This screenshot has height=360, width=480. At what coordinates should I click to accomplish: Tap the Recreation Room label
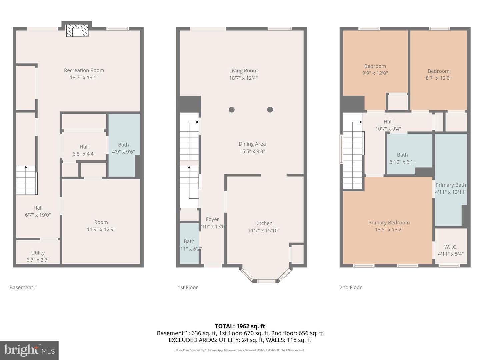point(84,70)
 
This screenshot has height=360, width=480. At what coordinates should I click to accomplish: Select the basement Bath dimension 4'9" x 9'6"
point(123,152)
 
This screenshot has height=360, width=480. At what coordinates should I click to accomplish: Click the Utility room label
point(38,253)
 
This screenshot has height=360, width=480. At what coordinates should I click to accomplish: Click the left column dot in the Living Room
point(232,110)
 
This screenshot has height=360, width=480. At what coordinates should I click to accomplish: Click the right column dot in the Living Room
point(270,110)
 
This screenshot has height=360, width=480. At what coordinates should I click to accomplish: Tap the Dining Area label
point(252,144)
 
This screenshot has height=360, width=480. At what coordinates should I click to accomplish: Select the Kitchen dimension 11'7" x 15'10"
point(264,230)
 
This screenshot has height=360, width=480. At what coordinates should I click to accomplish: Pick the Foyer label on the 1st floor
point(212,219)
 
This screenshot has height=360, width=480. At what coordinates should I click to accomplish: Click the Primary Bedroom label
point(389,223)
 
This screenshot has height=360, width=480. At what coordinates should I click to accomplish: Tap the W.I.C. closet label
point(451,247)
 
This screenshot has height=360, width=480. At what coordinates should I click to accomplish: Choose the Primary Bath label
point(451,185)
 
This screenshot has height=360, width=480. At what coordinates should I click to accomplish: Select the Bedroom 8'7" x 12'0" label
point(438,71)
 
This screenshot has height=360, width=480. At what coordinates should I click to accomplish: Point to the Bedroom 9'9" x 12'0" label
point(375,66)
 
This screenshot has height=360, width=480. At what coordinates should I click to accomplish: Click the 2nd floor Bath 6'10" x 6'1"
point(402,158)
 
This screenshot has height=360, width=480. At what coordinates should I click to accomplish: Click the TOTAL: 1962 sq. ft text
point(240,326)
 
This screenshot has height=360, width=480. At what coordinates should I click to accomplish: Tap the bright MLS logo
point(29,350)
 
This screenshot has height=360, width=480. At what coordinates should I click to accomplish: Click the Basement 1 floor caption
point(23,287)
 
